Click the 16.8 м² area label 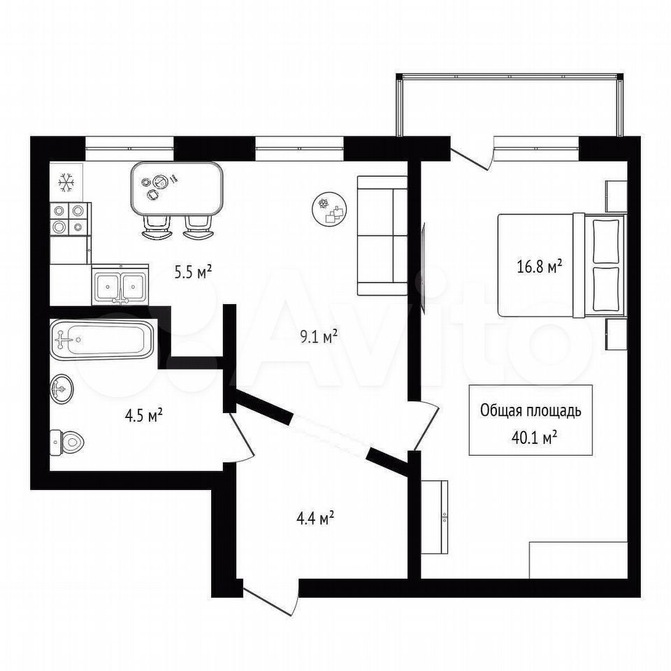(539, 267)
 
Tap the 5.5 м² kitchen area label (193, 272)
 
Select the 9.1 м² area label (319, 337)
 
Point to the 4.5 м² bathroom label (143, 415)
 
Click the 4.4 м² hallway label (315, 519)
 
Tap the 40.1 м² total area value (534, 438)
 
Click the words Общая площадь (531, 410)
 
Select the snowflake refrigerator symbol (66, 182)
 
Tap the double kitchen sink (120, 284)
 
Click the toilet (67, 442)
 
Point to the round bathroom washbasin (62, 388)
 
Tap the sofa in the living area (382, 236)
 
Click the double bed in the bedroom (561, 266)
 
